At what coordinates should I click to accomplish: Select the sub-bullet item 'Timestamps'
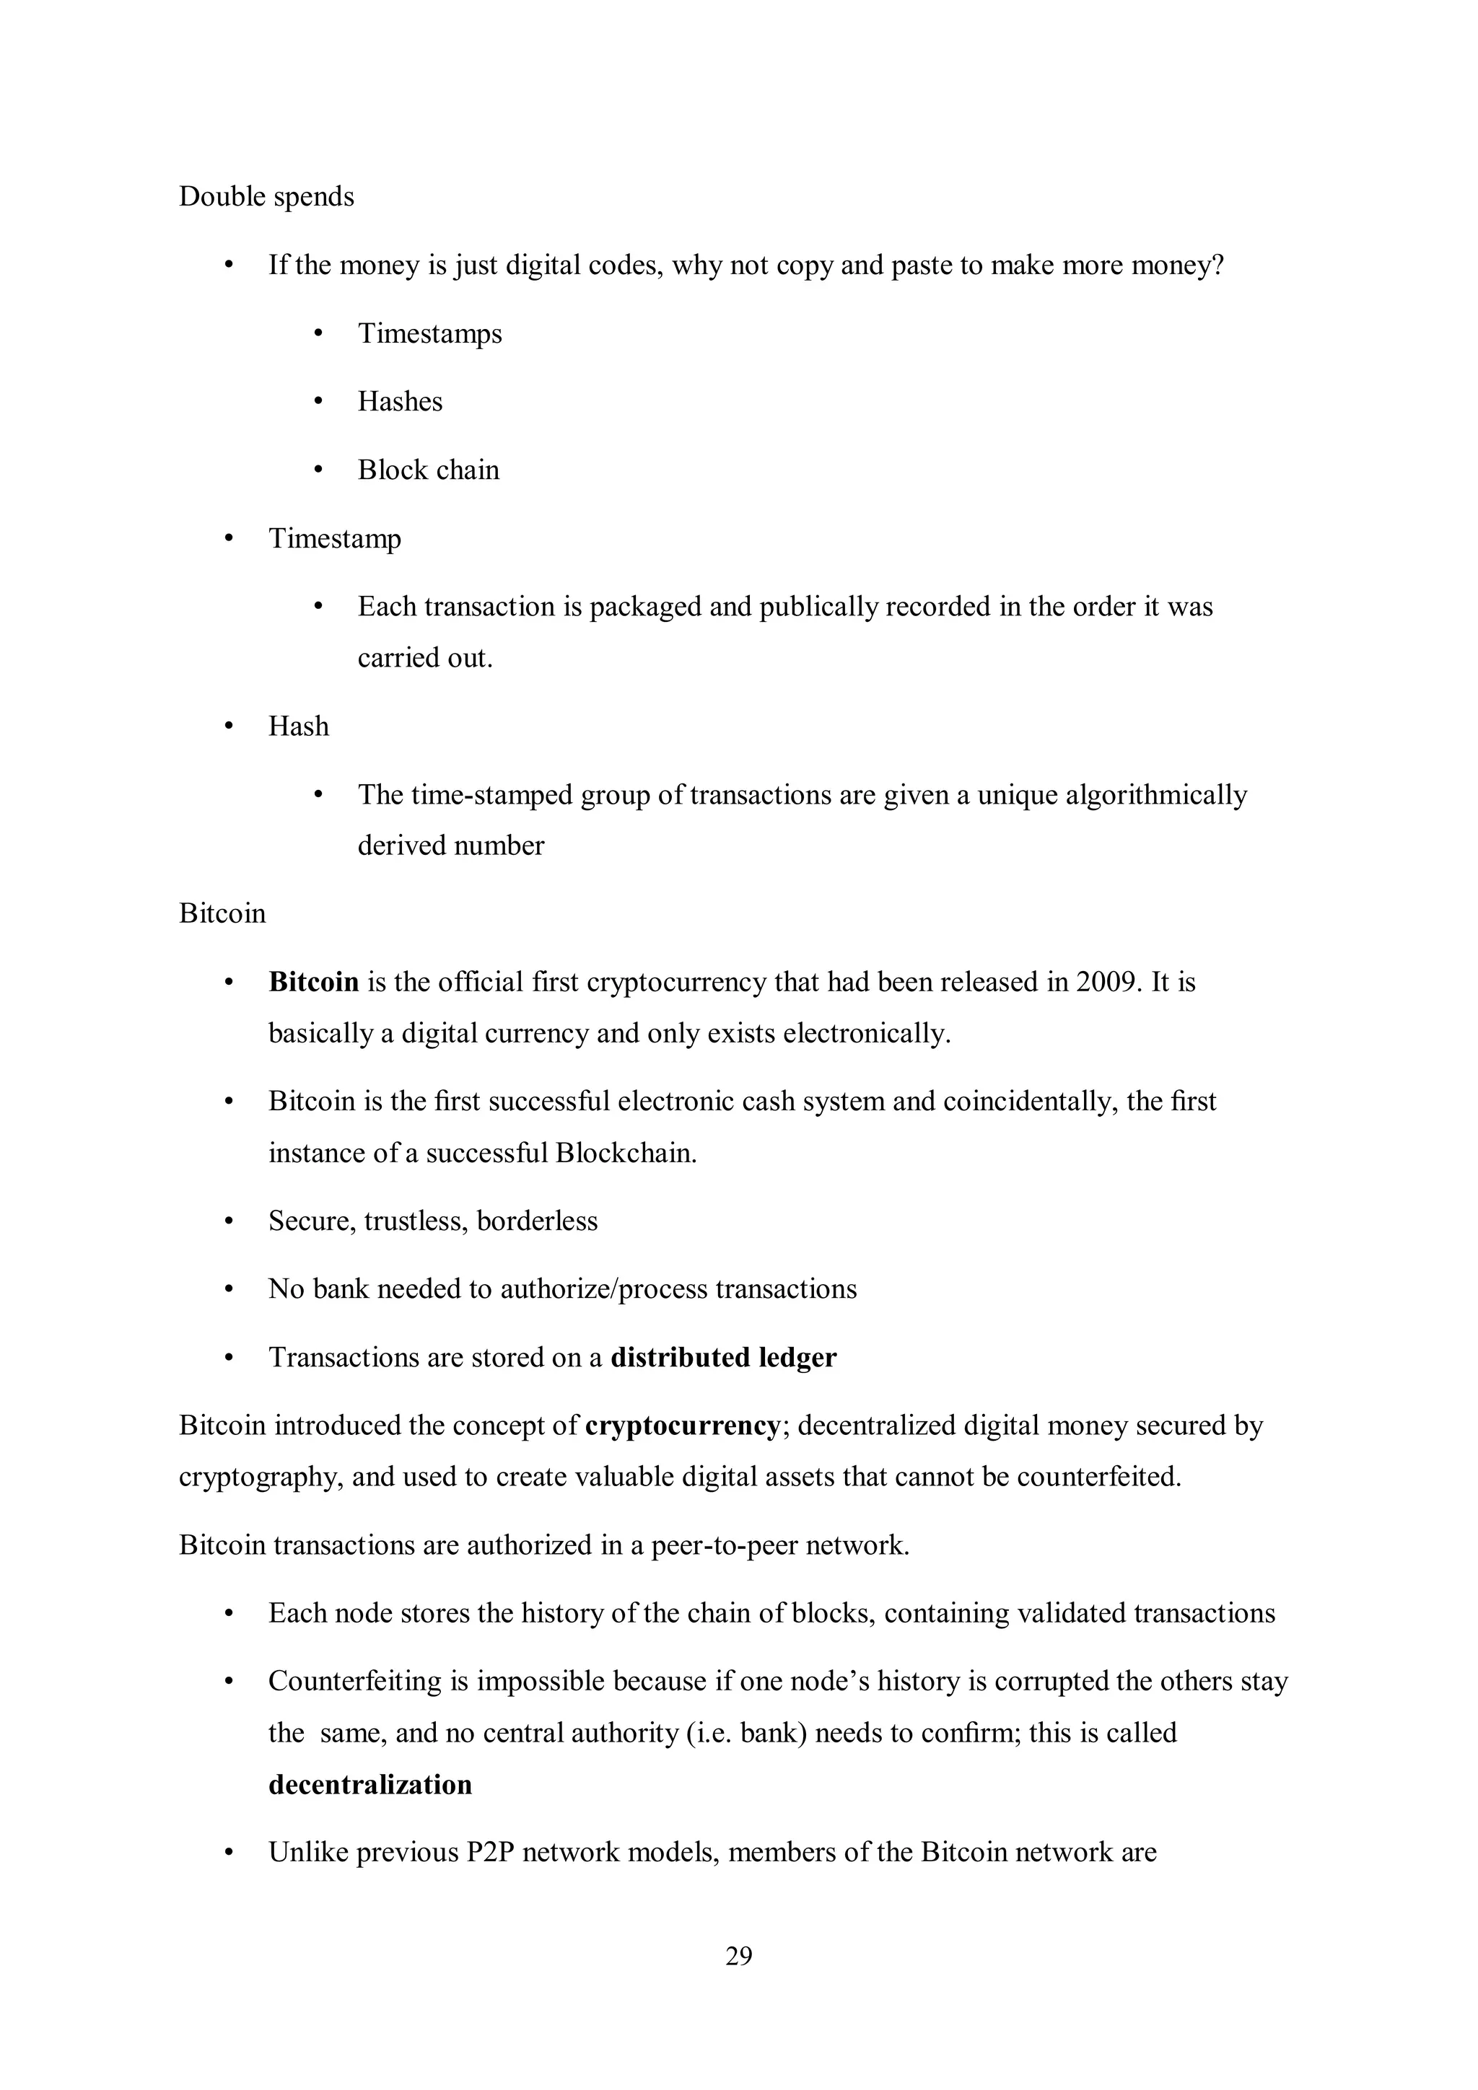(x=429, y=333)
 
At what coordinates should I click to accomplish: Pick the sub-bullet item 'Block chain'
(x=428, y=470)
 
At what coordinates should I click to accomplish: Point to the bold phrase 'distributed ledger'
(x=723, y=1357)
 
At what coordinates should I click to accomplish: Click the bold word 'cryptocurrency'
(x=682, y=1426)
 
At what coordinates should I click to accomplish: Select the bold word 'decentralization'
(x=369, y=1784)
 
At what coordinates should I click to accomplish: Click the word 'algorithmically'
(x=1155, y=795)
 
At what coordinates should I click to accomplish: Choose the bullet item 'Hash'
(x=298, y=726)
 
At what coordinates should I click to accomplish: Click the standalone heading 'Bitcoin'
(x=222, y=913)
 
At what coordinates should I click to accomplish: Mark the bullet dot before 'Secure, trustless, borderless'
(x=229, y=1221)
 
